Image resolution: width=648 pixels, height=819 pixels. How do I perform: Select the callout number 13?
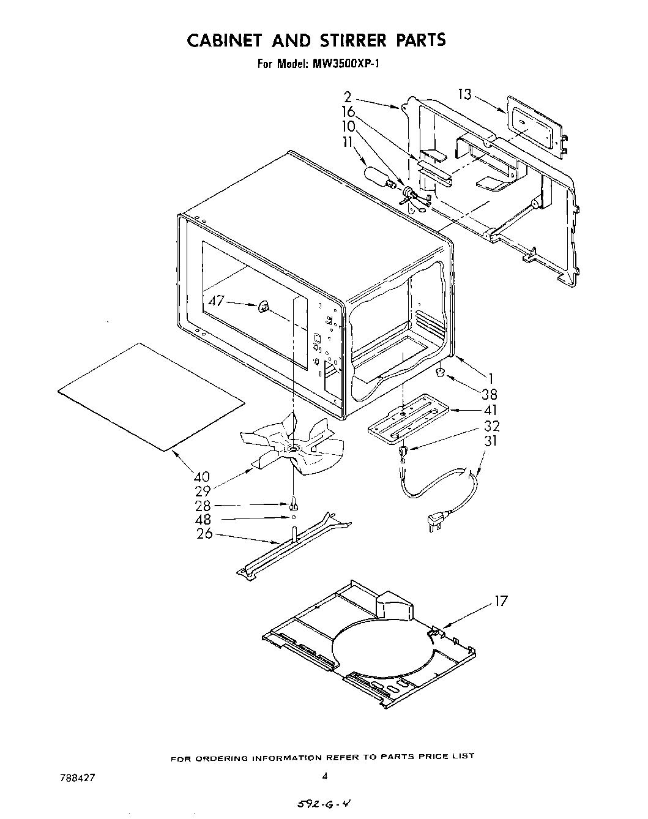465,94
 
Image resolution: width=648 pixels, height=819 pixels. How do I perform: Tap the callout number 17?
501,601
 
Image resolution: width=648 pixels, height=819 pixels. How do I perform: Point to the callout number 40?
202,477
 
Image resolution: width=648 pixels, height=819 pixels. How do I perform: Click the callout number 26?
204,533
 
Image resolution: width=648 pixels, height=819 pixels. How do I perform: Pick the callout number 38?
490,395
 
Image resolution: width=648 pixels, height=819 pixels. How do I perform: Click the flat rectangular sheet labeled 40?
150,398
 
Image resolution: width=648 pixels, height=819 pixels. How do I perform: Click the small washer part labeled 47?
264,307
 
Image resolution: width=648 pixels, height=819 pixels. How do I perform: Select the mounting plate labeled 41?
408,422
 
